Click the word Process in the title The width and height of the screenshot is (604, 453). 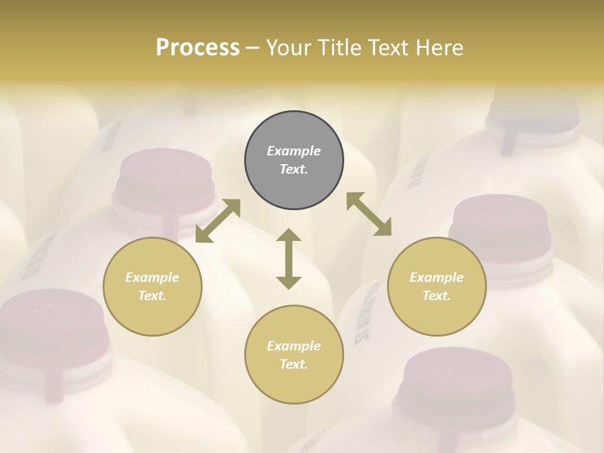198,48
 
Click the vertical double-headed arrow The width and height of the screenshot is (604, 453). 289,259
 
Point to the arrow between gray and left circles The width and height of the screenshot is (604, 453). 218,221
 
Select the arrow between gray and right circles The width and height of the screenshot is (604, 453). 369,214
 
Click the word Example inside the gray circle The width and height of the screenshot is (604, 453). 294,151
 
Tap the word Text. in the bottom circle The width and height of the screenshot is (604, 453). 294,364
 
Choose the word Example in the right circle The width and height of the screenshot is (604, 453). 437,277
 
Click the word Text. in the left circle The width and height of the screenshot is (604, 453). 152,296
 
